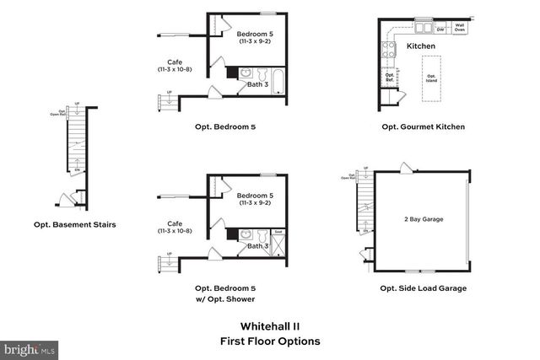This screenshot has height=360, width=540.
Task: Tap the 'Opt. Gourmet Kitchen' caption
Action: click(423, 127)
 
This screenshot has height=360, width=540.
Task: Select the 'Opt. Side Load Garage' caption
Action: click(423, 287)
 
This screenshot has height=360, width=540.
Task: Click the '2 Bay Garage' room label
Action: click(424, 219)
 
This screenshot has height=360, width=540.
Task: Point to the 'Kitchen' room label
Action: click(420, 46)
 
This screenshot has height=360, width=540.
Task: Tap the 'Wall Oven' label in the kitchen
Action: click(459, 26)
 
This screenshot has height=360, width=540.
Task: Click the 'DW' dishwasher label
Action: click(440, 29)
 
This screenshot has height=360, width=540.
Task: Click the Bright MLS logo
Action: click(30, 347)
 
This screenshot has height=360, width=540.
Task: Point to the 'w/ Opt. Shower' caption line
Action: click(224, 298)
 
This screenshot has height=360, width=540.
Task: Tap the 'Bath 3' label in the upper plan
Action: click(257, 85)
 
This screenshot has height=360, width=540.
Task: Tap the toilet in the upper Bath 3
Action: click(261, 73)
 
